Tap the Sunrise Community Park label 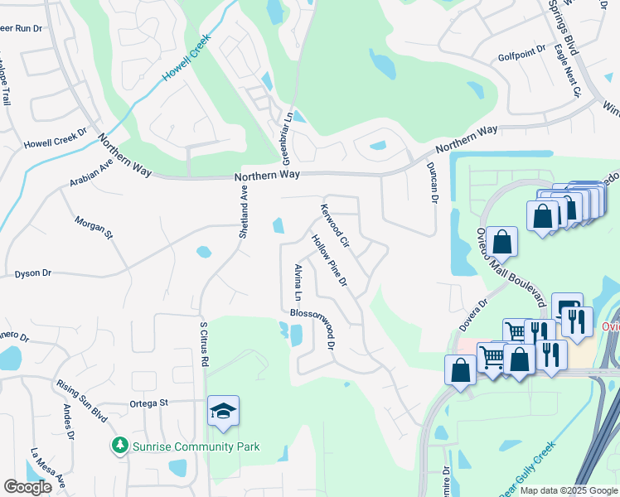coord(197,447)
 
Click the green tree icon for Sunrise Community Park coord(120,446)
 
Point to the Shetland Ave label coord(244,212)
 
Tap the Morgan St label coord(93,227)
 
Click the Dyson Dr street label coord(33,273)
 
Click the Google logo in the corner coord(27,487)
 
